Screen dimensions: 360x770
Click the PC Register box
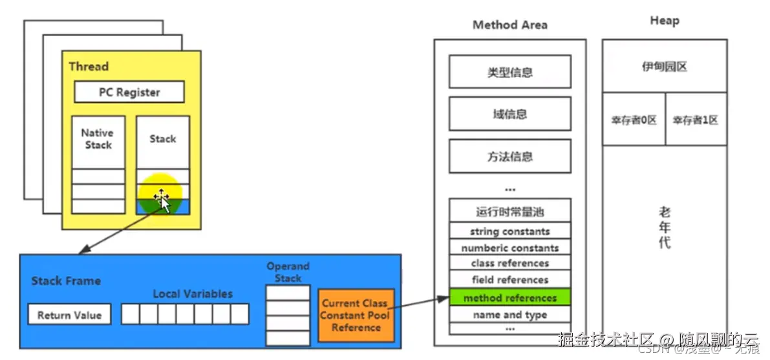pos(129,92)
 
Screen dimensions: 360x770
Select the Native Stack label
pos(98,139)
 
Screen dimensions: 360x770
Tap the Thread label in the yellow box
pos(89,67)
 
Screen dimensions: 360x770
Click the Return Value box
pos(69,315)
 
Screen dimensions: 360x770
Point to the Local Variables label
pos(192,293)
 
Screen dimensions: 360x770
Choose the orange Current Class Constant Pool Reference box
pos(356,315)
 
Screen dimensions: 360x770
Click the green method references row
pos(509,298)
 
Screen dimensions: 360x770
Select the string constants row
pos(509,231)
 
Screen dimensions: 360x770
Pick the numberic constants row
pos(509,248)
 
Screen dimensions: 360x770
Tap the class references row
pos(509,263)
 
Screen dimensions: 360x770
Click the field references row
pos(509,280)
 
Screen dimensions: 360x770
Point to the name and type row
pos(509,315)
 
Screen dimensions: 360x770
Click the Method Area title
pos(509,25)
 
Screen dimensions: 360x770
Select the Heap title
pos(664,21)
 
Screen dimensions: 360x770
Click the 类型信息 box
pos(509,72)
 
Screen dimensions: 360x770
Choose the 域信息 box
pos(509,114)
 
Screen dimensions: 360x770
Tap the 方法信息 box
pos(509,156)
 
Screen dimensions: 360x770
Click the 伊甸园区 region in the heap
pos(664,66)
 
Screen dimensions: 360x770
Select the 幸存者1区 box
pos(695,120)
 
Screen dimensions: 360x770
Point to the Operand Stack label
pos(288,272)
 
